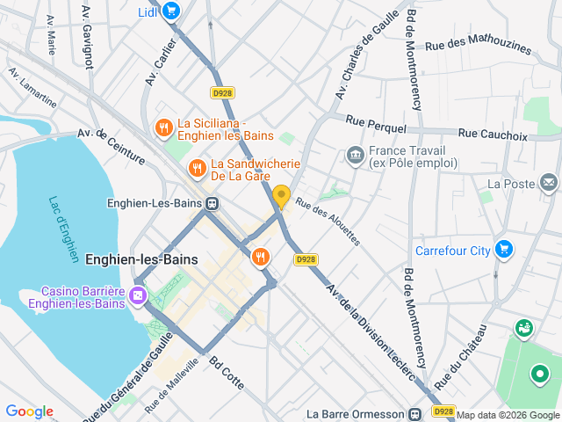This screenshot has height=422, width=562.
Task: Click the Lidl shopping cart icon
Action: point(170,11)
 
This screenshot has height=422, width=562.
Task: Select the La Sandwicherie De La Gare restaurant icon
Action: point(198,167)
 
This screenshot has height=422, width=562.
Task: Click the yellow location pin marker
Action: point(281,196)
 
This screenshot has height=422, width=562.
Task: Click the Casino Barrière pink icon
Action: point(138,295)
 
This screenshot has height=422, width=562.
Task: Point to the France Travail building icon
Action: point(355,156)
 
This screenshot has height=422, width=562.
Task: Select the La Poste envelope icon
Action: point(549,183)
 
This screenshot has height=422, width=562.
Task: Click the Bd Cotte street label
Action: point(227,375)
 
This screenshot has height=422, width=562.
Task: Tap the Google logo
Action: point(30,411)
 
